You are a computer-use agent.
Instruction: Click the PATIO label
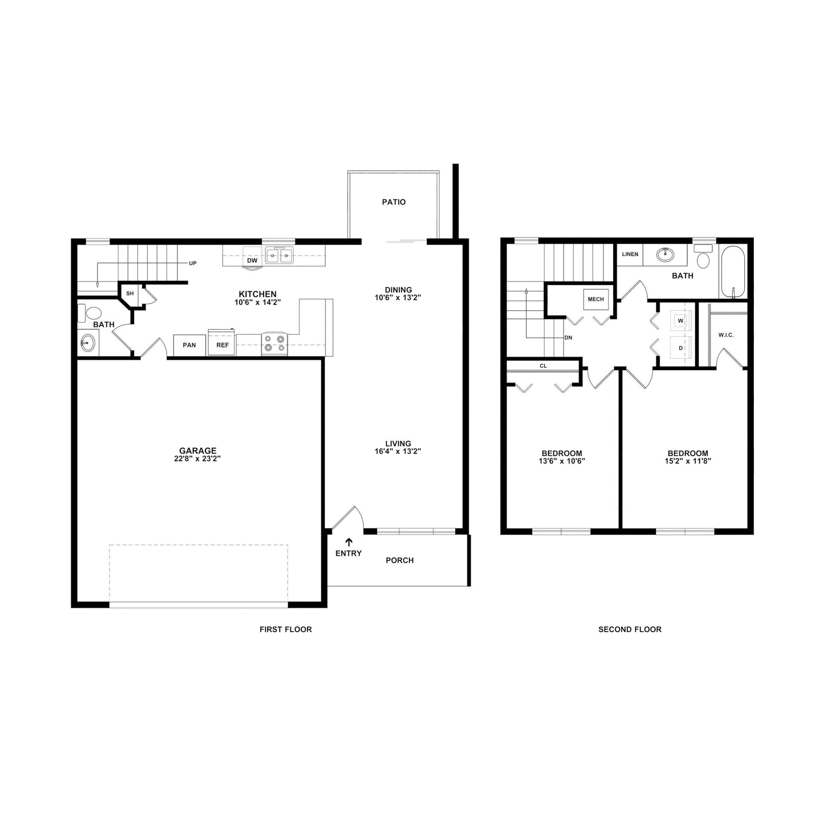393,202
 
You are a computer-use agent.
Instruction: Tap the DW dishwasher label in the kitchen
252,260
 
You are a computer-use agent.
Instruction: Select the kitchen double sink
279,256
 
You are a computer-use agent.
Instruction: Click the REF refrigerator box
222,345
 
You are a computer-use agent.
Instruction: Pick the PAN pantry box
189,345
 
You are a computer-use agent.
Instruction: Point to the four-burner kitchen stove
274,343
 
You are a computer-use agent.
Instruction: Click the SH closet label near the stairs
130,293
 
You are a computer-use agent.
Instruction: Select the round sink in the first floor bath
88,343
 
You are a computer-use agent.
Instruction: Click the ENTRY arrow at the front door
349,542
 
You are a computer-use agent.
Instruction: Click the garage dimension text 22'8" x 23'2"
197,459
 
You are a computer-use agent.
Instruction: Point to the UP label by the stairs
192,263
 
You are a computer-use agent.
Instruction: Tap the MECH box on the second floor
596,299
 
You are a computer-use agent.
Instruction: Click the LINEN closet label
630,254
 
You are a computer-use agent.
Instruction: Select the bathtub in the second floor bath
733,272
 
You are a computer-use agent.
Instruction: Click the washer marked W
681,321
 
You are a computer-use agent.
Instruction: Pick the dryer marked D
681,348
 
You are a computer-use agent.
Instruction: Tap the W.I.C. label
726,335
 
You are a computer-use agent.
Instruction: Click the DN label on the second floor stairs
568,338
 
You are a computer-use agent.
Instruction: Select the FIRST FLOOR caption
285,629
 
